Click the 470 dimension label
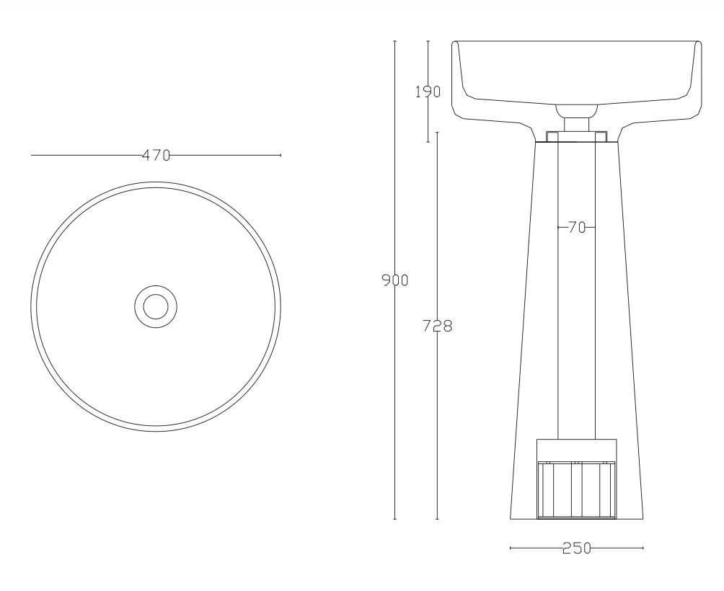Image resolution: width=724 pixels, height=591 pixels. [x=156, y=156]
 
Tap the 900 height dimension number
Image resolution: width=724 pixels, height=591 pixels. [x=394, y=280]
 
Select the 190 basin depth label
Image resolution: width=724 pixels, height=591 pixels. [x=428, y=92]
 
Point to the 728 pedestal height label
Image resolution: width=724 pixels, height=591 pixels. [x=437, y=326]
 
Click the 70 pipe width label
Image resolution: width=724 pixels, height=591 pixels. [x=577, y=227]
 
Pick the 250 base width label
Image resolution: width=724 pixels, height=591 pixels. [x=577, y=548]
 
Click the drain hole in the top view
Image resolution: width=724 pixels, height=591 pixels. [x=156, y=306]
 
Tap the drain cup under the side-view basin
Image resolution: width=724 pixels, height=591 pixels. [x=577, y=111]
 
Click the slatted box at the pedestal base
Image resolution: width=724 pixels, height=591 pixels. [x=577, y=489]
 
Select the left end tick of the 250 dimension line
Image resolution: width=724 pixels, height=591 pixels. [x=511, y=548]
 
